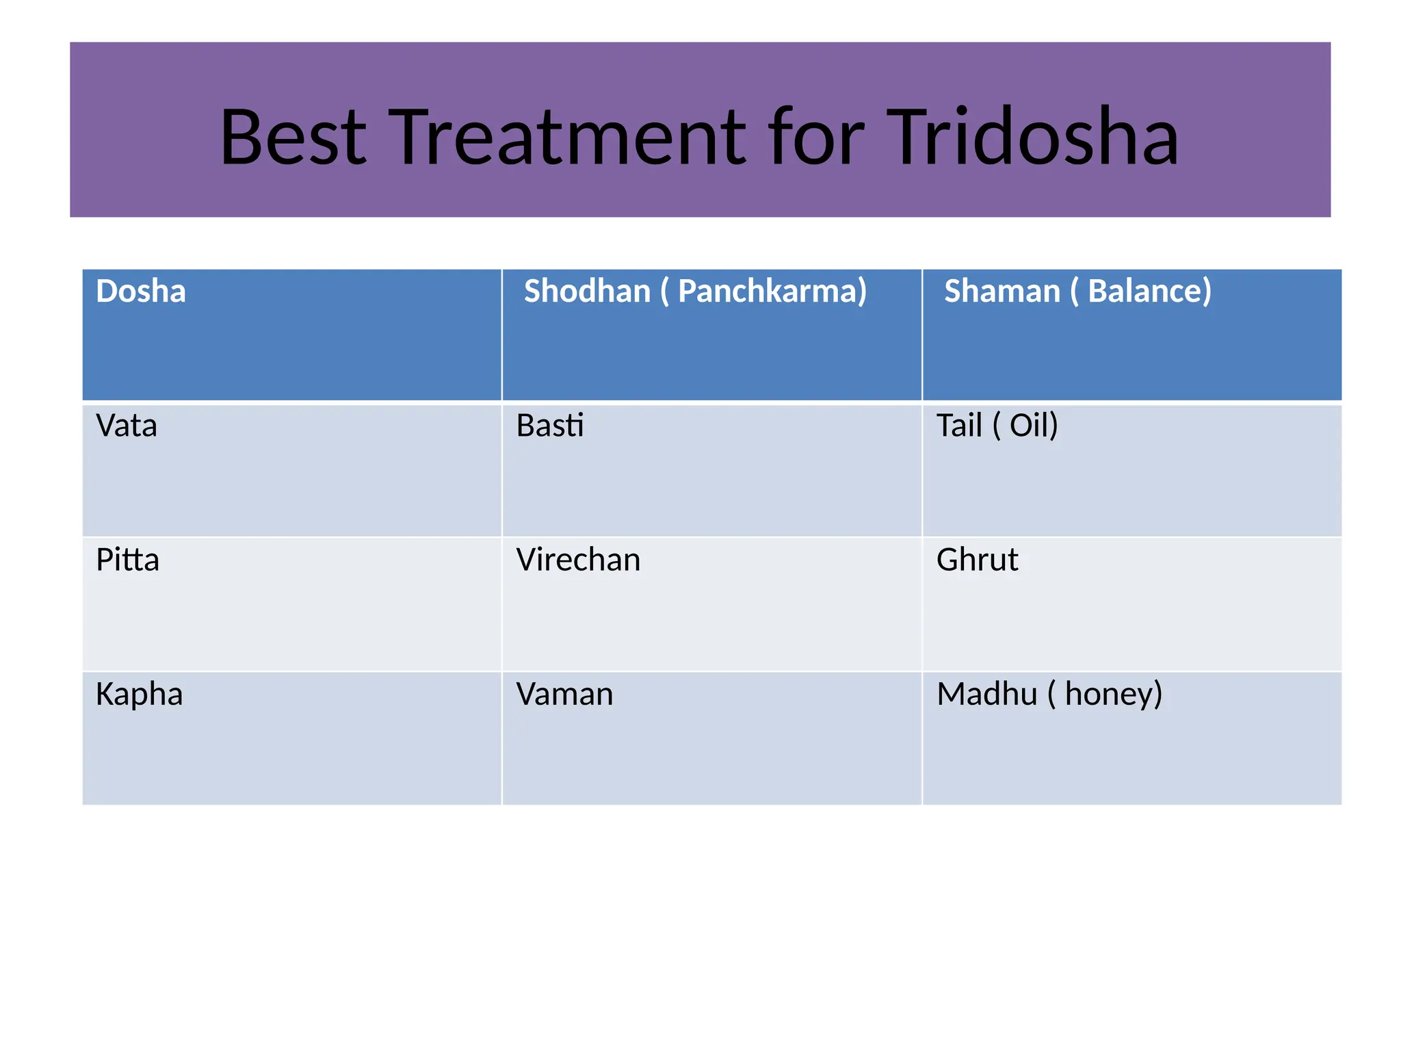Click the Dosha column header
click(x=141, y=291)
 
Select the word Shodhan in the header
click(x=587, y=291)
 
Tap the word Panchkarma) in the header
click(x=772, y=291)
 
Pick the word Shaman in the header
click(x=1001, y=291)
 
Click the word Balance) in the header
click(x=1149, y=291)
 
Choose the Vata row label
click(x=127, y=426)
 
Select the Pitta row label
click(x=127, y=560)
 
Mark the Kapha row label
click(x=139, y=695)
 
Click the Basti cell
click(x=550, y=426)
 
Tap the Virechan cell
click(x=578, y=560)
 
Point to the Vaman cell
click(x=564, y=695)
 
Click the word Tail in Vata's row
click(x=959, y=426)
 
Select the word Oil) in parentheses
click(x=1034, y=426)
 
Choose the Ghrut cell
click(x=977, y=560)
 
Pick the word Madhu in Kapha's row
click(x=986, y=695)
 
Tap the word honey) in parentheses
click(x=1113, y=695)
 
